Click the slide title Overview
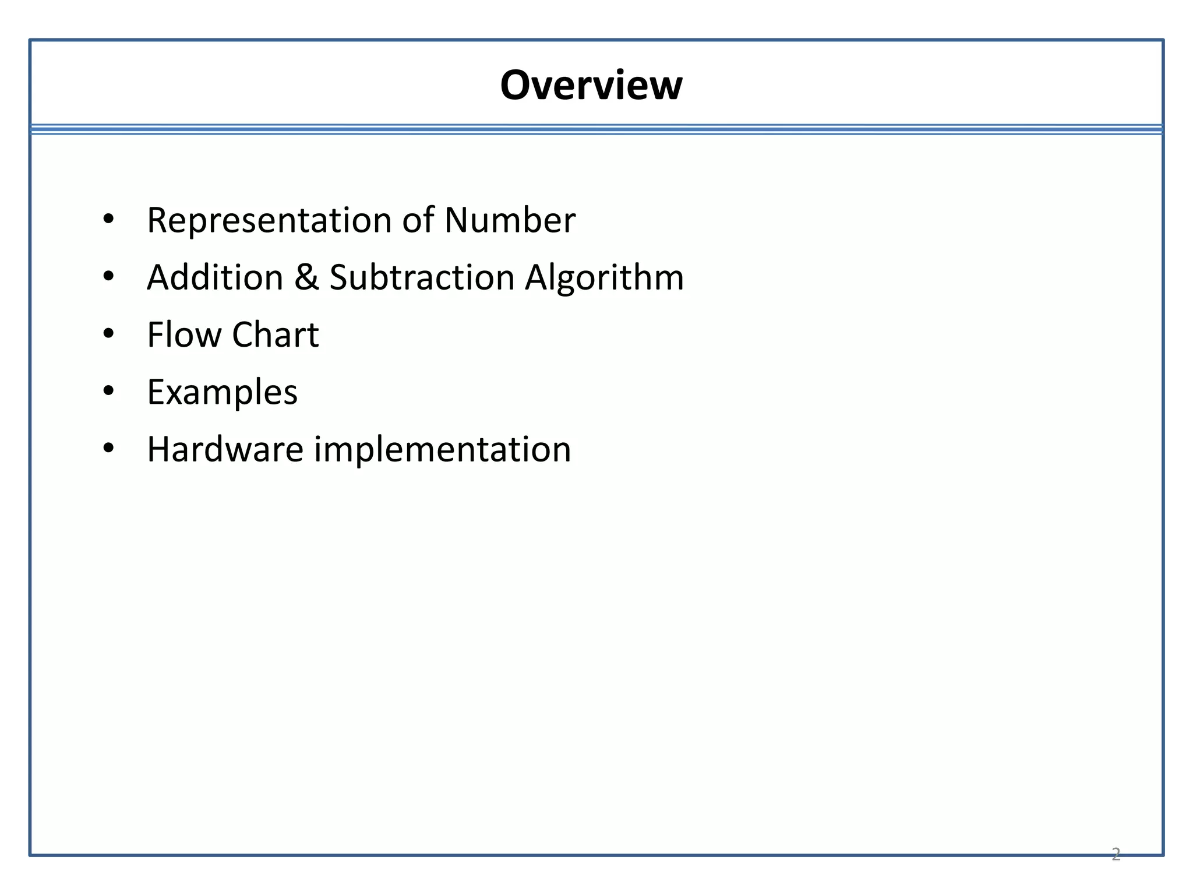click(591, 86)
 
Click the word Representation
click(269, 220)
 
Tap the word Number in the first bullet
click(510, 220)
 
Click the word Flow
click(184, 334)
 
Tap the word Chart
click(276, 334)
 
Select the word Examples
click(222, 392)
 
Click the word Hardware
click(225, 449)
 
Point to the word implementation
click(443, 449)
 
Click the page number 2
click(1116, 854)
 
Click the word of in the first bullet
click(418, 220)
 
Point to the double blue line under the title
click(596, 129)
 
